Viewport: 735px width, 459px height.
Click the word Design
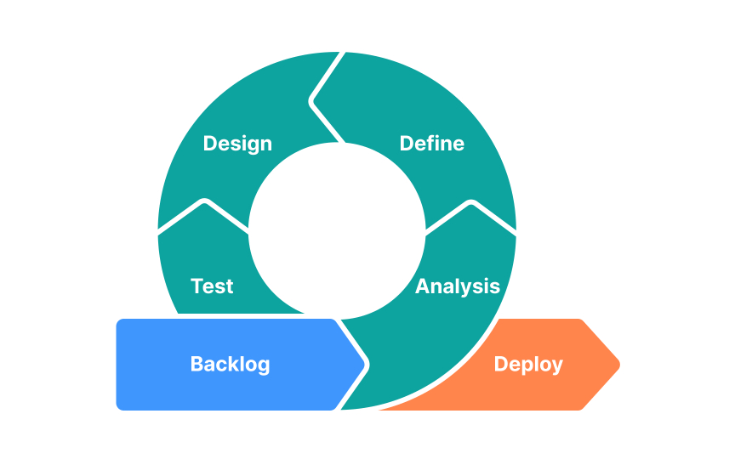click(237, 144)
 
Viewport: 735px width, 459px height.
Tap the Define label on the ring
click(432, 144)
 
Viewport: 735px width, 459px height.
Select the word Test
click(212, 286)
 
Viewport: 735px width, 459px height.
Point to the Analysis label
click(457, 286)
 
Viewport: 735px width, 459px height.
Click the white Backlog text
click(230, 365)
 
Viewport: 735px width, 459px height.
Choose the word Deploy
click(528, 365)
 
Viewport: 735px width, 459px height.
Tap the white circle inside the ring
click(336, 229)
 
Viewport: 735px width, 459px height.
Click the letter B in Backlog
click(196, 365)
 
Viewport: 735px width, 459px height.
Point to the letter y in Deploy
click(556, 366)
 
